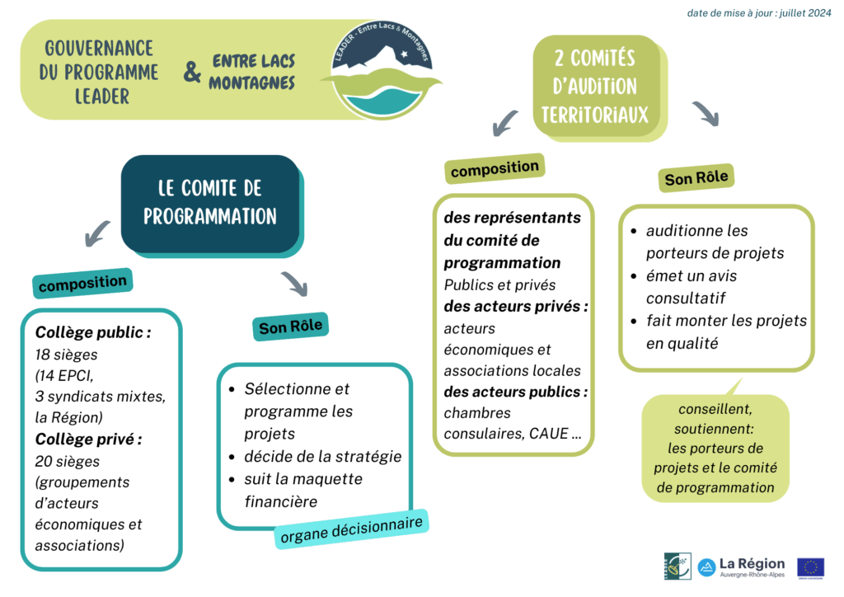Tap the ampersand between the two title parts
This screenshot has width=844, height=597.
192,73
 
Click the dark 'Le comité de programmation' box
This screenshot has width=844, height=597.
210,203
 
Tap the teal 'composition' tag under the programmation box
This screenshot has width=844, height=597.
82,283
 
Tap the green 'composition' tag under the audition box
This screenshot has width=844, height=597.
495,168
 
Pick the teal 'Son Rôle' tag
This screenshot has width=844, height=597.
291,327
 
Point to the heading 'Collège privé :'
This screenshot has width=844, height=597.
88,439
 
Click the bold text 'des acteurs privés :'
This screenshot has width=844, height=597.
515,307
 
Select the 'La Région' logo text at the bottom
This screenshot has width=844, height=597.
752,563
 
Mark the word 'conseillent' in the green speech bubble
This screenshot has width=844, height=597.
714,409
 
